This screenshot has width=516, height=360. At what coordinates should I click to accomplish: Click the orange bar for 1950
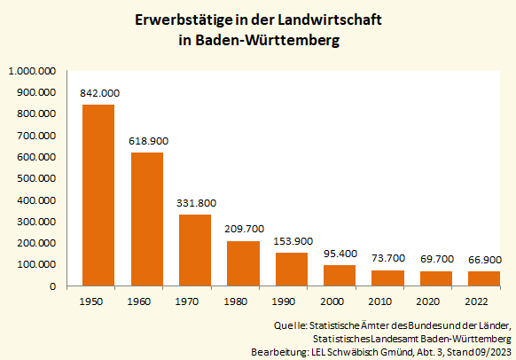pyautogui.click(x=98, y=195)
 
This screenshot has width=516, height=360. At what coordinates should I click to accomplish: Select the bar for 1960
pyautogui.click(x=146, y=219)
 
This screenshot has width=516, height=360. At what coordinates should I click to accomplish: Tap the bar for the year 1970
pyautogui.click(x=195, y=250)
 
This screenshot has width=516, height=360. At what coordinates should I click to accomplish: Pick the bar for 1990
pyautogui.click(x=292, y=270)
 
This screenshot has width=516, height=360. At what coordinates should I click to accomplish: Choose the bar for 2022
pyautogui.click(x=484, y=278)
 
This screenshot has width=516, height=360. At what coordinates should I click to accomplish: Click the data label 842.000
pyautogui.click(x=99, y=93)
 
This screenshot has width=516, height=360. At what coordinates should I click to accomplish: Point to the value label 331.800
pyautogui.click(x=195, y=203)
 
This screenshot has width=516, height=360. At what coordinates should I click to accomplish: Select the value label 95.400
pyautogui.click(x=340, y=254)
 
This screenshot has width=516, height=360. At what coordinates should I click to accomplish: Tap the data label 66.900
pyautogui.click(x=484, y=260)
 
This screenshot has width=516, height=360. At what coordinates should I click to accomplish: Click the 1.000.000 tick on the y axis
pyautogui.click(x=32, y=70)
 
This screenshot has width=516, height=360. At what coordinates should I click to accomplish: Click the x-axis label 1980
pyautogui.click(x=244, y=301)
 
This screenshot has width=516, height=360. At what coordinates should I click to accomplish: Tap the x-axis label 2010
pyautogui.click(x=388, y=301)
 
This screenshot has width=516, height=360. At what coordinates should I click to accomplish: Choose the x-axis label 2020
pyautogui.click(x=436, y=301)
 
